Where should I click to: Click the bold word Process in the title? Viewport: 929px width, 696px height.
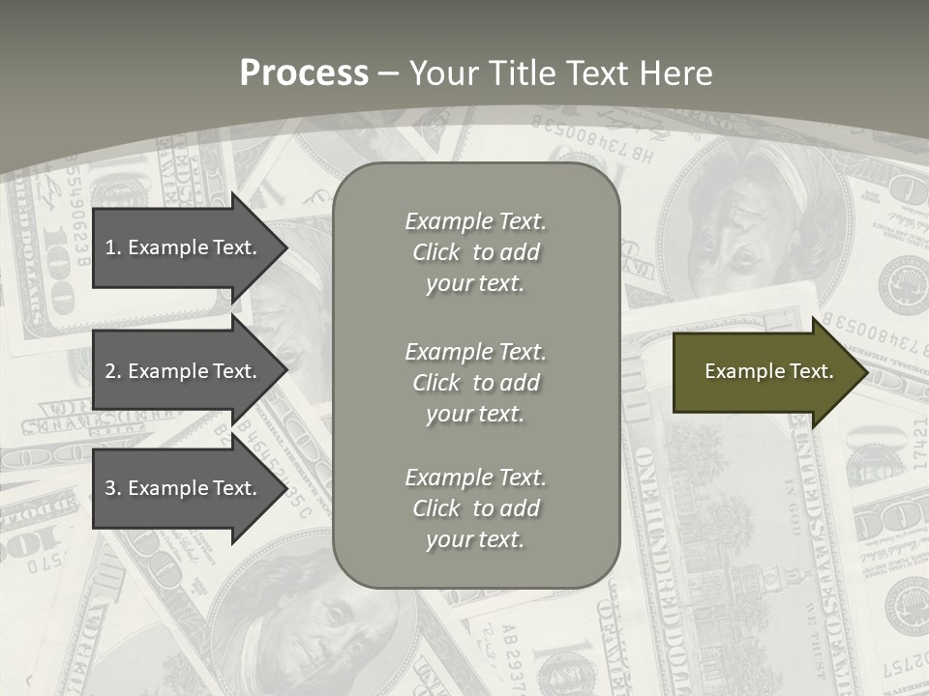[x=304, y=73]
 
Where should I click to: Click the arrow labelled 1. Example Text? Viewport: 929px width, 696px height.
[x=184, y=247]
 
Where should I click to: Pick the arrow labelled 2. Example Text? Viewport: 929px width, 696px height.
[x=184, y=371]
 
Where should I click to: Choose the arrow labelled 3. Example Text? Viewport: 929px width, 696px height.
[x=184, y=488]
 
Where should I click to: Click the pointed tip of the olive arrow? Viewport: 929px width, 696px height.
[x=863, y=371]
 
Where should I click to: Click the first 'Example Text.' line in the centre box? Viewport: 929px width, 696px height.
[x=475, y=221]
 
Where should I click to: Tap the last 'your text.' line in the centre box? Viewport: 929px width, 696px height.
[x=475, y=539]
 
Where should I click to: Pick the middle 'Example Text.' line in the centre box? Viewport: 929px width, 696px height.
[x=475, y=351]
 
